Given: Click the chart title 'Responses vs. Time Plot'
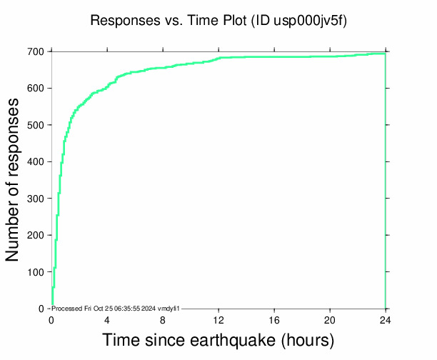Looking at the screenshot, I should tap(167, 21).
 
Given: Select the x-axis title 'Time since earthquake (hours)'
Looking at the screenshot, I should tap(218, 339).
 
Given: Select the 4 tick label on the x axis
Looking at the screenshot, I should tap(107, 320).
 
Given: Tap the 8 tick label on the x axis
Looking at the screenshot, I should tap(163, 320).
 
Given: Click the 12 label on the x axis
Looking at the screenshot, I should tap(218, 320).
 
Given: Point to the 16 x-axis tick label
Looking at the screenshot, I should tap(274, 320).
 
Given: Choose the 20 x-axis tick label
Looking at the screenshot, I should tap(330, 320).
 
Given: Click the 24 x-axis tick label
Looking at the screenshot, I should tap(386, 320).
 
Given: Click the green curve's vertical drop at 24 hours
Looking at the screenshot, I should tap(386, 179).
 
